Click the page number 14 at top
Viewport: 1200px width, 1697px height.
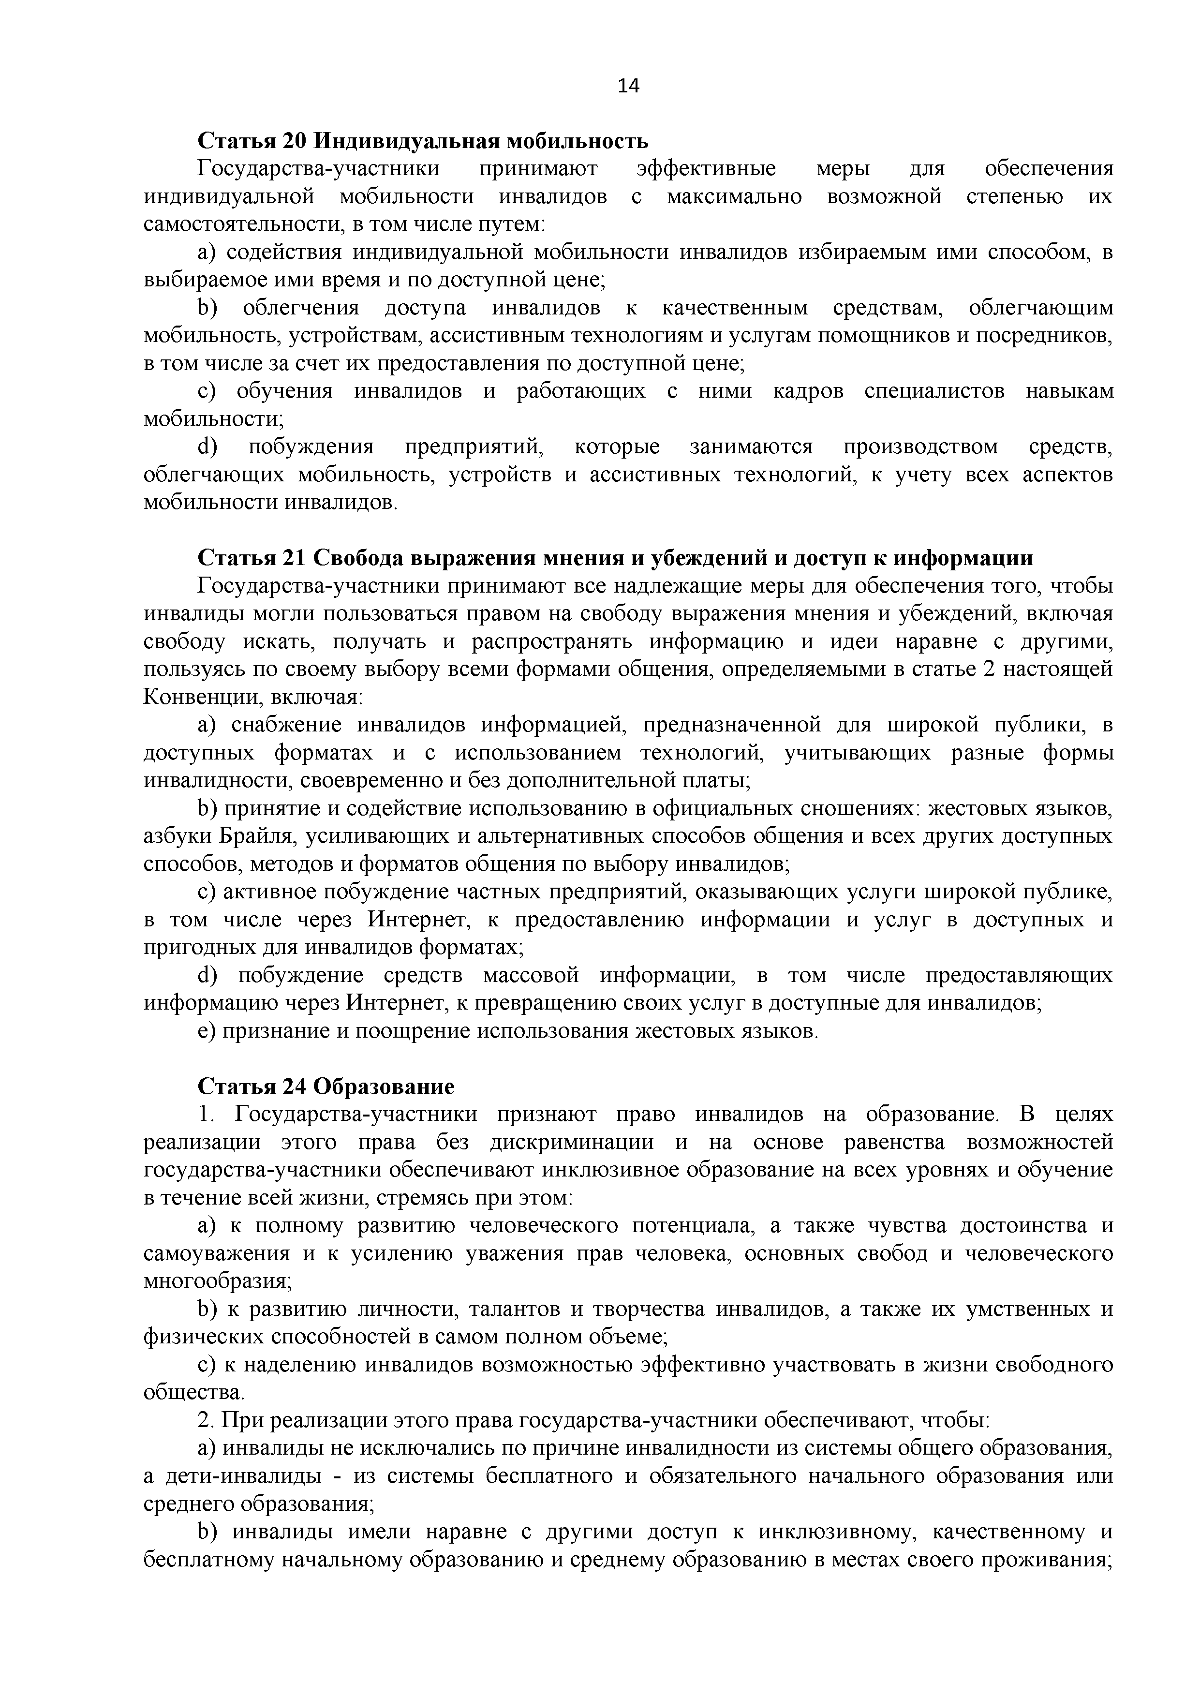coord(628,87)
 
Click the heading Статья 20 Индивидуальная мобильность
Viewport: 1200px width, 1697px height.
coord(423,140)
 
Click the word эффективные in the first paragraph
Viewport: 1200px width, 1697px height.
coord(706,168)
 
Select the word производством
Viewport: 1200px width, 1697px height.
coord(920,447)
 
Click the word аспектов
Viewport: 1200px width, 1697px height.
coord(1068,475)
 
